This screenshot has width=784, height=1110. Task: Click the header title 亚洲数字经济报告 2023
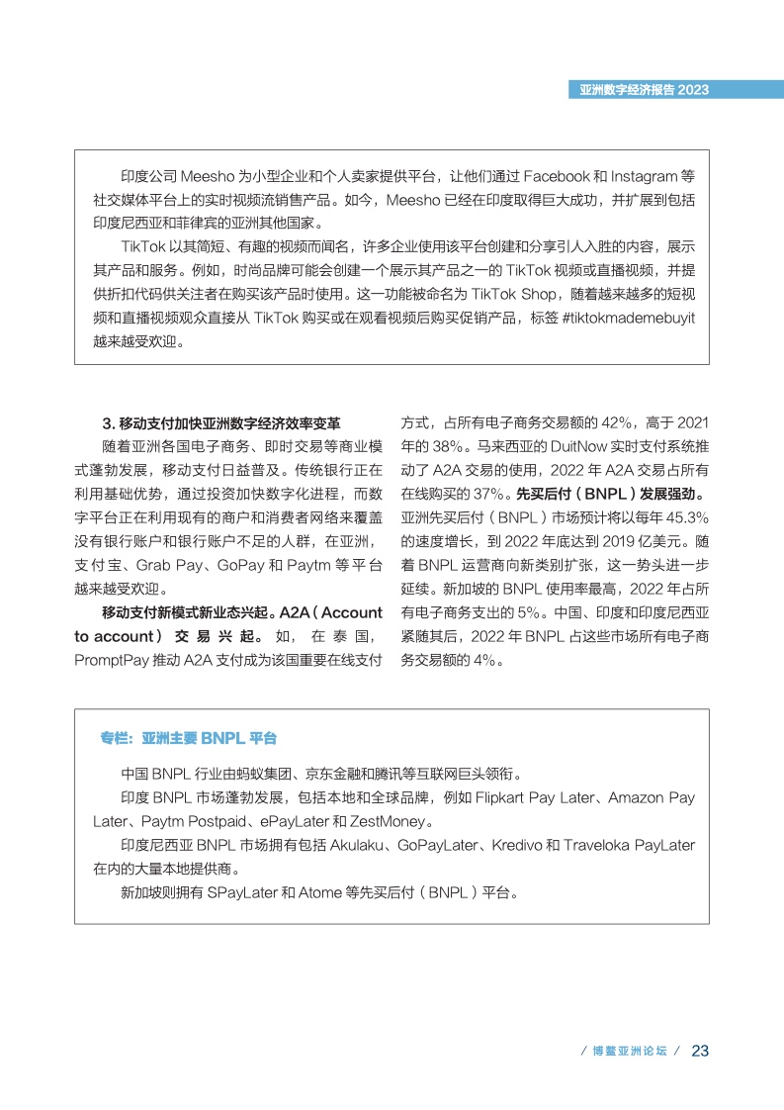click(644, 89)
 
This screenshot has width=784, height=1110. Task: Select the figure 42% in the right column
click(608, 422)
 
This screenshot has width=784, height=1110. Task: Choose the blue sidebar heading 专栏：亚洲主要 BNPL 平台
click(188, 738)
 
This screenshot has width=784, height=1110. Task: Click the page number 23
click(700, 1050)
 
